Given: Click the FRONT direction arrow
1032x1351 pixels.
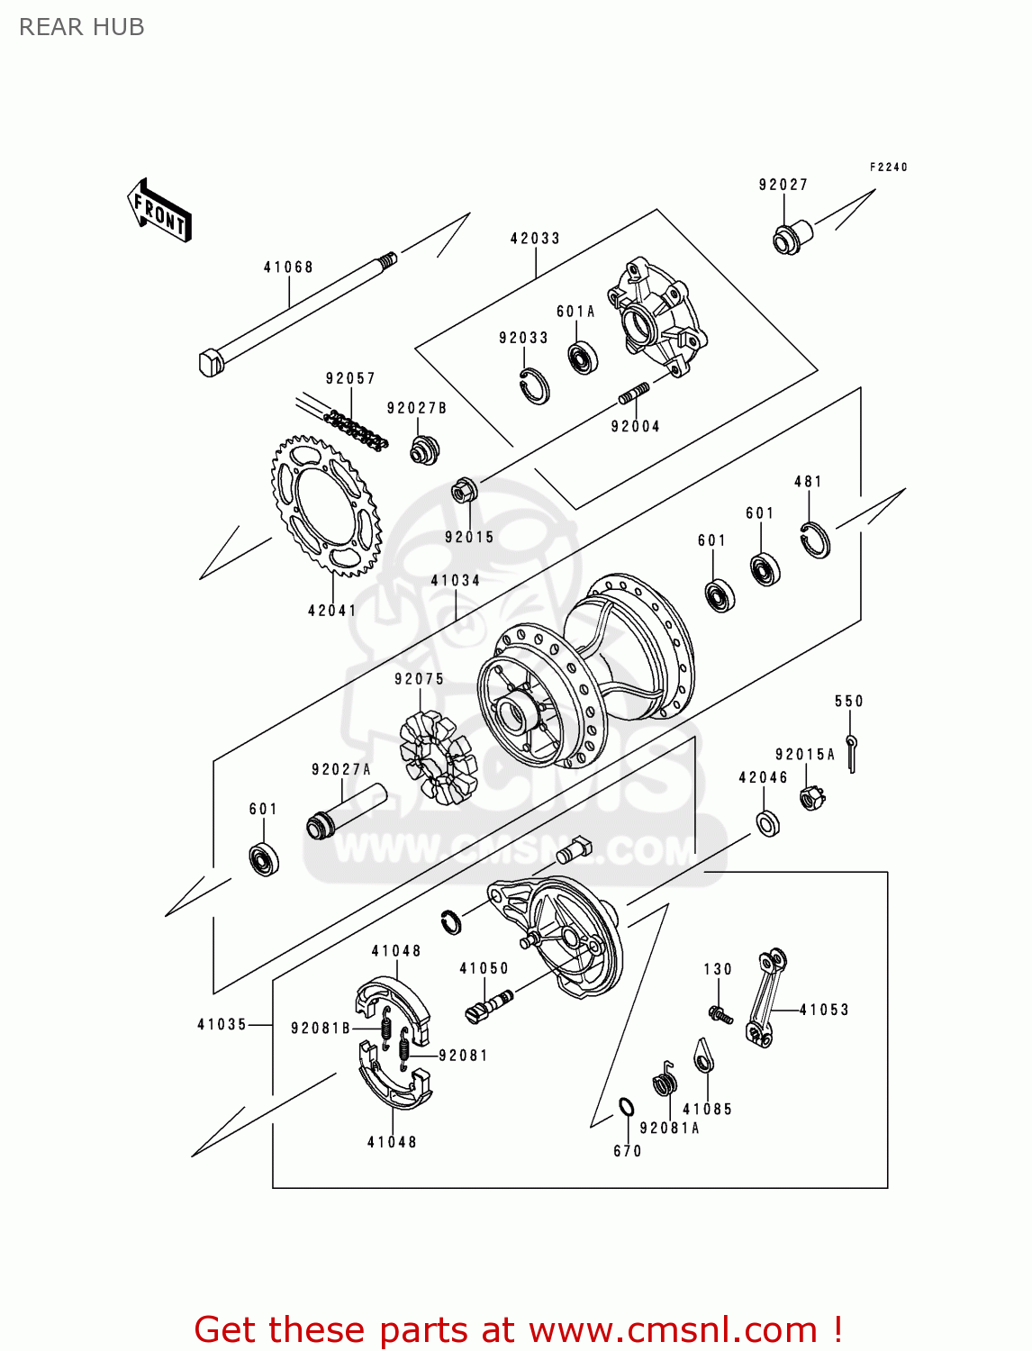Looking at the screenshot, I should [159, 211].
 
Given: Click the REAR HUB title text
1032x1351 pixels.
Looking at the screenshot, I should [81, 27].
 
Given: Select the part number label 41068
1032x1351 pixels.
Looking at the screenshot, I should [288, 267].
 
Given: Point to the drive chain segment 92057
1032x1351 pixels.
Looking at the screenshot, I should [357, 431].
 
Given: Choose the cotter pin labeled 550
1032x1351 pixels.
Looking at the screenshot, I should [851, 752].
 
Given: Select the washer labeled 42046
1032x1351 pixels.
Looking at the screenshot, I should [768, 822].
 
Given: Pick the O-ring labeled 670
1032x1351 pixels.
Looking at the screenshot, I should [626, 1107].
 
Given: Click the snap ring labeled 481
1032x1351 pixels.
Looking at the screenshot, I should [815, 539].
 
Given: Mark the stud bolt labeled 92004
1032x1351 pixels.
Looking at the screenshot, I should [634, 394].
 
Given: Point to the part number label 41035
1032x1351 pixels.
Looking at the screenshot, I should [222, 1024].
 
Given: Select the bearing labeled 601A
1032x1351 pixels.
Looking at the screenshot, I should [583, 358].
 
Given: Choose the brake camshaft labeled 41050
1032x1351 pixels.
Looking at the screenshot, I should [490, 1004].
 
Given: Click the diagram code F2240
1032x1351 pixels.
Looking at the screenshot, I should [888, 167].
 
